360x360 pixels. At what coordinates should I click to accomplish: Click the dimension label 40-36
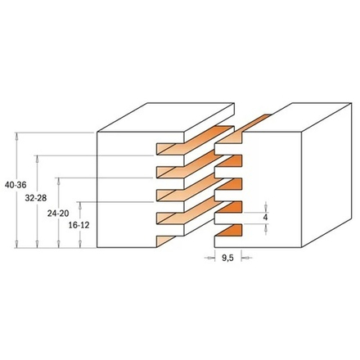tap(16, 185)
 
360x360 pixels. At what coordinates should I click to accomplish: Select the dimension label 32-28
tap(36, 198)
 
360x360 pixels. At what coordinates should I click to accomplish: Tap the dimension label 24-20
tap(58, 214)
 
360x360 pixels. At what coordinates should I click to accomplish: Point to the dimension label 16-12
tap(79, 226)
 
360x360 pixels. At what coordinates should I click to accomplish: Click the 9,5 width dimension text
tap(227, 258)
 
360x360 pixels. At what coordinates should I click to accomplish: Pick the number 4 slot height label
tap(265, 218)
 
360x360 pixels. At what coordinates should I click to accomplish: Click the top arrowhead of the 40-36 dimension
tap(17, 136)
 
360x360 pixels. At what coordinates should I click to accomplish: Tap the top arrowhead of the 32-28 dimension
tap(37, 160)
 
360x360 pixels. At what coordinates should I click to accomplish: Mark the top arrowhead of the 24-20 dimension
tap(58, 181)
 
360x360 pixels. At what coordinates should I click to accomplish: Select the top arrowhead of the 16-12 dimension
tap(80, 205)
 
